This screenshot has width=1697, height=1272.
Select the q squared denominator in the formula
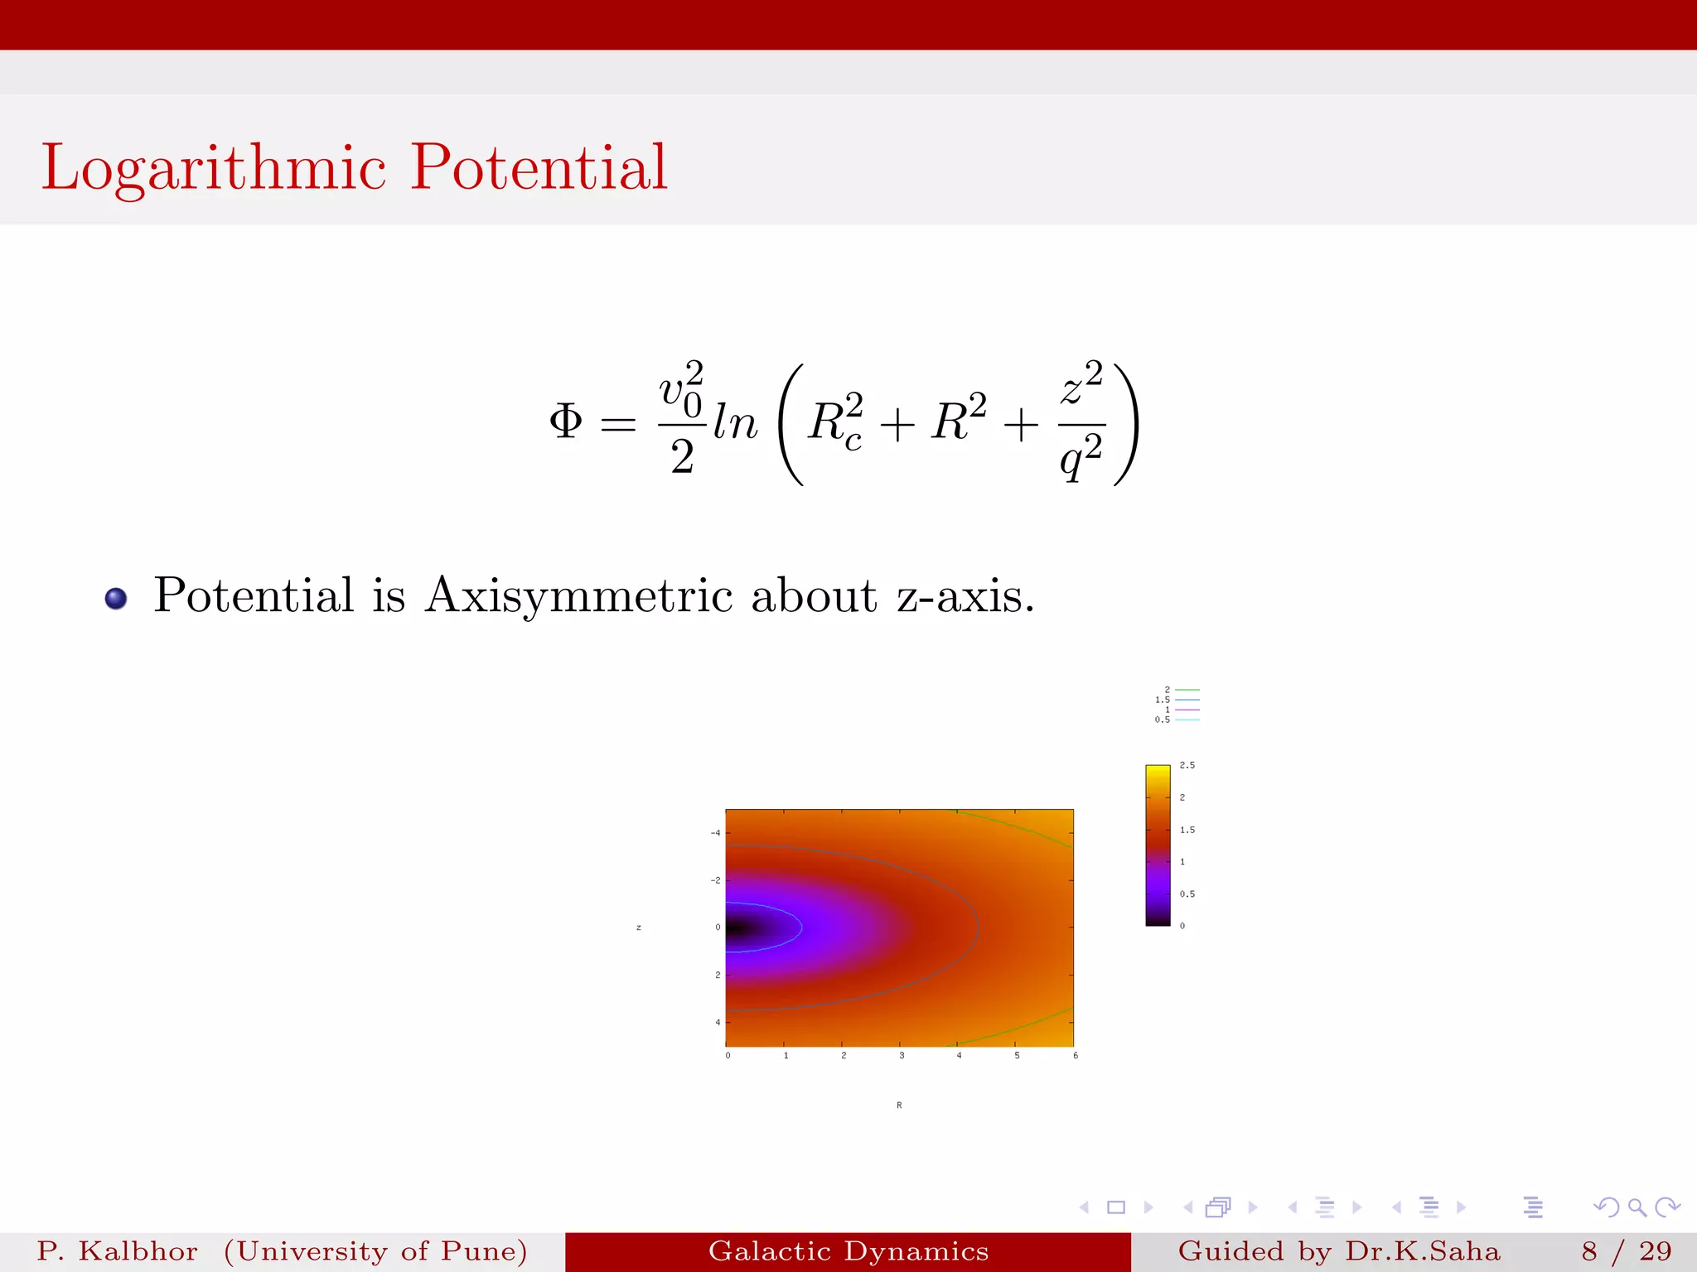[1081, 457]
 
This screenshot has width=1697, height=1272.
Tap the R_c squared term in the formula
[835, 422]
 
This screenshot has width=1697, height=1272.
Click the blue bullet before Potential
[116, 598]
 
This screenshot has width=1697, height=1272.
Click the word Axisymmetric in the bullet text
[578, 595]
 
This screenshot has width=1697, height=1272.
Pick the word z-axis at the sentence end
[965, 595]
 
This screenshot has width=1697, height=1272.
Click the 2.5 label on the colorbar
[1187, 765]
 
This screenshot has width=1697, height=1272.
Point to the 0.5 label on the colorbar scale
[1187, 894]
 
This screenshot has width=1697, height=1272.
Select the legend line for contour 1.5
[1187, 700]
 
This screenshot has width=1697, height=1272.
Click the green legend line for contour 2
[1187, 690]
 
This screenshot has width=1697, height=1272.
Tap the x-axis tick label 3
[902, 1056]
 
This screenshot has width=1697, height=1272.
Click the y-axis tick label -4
[715, 833]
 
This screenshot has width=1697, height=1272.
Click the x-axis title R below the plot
[899, 1106]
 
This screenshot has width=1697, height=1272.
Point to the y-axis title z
[639, 927]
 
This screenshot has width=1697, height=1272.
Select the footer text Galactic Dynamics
[848, 1251]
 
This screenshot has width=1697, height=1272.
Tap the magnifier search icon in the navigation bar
[1637, 1207]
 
